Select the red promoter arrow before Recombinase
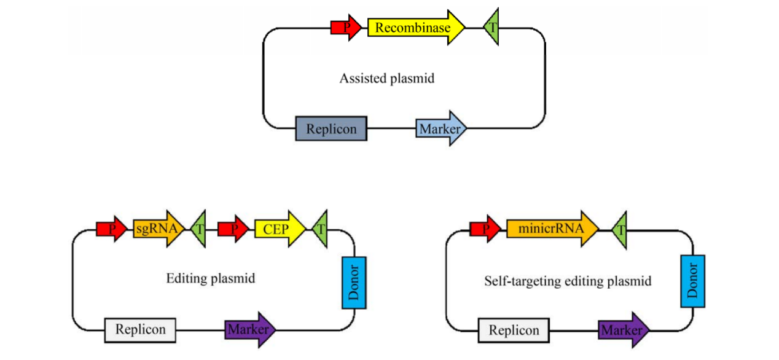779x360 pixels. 345,28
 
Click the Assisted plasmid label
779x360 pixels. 387,79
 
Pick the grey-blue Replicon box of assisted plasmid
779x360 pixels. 331,128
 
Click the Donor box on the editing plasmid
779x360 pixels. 354,282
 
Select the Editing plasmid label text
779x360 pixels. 211,278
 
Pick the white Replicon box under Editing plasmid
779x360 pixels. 140,329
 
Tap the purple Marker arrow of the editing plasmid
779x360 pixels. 249,329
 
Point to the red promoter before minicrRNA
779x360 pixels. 484,229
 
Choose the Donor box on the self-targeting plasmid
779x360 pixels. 692,281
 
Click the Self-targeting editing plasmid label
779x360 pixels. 568,281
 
